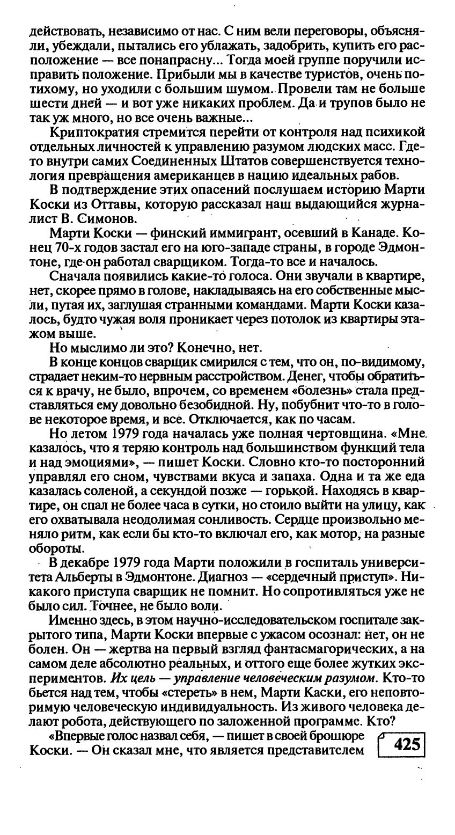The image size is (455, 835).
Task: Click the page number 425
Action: (406, 744)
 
